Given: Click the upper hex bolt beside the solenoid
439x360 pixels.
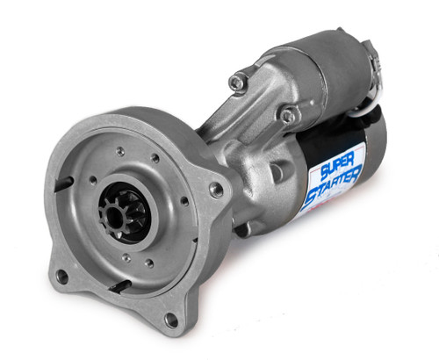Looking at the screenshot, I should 235,82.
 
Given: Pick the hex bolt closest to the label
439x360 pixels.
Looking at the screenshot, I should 287,114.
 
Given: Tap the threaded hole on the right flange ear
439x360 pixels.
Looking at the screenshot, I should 216,188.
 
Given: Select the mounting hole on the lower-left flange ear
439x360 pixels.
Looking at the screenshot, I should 61,277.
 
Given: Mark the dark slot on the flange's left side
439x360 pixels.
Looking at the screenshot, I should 64,182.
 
